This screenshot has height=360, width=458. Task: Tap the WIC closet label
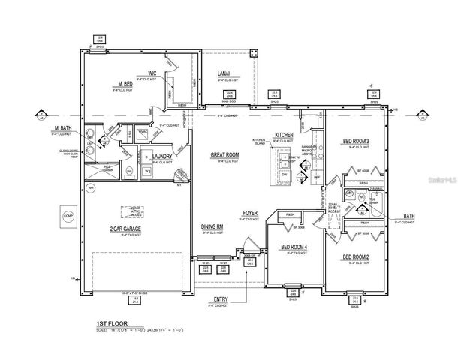pos(152,73)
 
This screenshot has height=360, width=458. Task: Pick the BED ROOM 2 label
pos(357,257)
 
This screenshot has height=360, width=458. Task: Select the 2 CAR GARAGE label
pos(126,228)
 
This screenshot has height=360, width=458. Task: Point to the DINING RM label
pos(211,226)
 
